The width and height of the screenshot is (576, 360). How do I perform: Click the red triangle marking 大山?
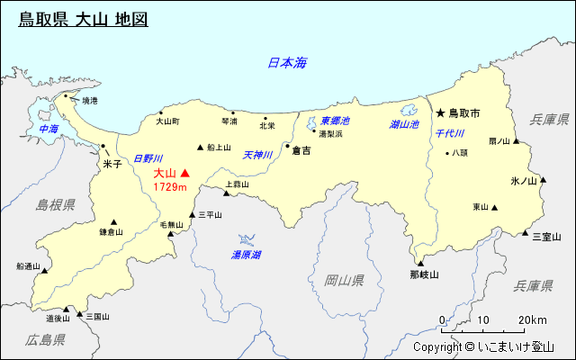[186, 173]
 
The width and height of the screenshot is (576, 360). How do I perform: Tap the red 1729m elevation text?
[169, 187]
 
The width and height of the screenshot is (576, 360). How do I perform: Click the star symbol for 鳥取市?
[440, 113]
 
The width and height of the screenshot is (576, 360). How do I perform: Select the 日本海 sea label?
[287, 63]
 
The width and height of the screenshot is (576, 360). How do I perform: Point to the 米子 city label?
[112, 165]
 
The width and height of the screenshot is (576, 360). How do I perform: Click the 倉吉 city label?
[301, 151]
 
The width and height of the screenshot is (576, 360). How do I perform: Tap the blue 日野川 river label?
[148, 158]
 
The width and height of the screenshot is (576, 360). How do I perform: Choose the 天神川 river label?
[257, 155]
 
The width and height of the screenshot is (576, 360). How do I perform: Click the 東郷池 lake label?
[335, 121]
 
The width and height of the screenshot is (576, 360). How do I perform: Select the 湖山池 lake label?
[404, 124]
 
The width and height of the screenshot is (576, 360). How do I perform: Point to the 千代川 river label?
[449, 133]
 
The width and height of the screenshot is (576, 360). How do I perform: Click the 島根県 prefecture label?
[55, 205]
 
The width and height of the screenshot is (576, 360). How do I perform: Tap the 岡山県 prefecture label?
[345, 281]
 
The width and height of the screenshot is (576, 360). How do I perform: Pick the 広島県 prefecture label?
[46, 340]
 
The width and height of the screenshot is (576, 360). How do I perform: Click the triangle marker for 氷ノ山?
[542, 180]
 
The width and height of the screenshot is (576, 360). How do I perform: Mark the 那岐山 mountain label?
[423, 274]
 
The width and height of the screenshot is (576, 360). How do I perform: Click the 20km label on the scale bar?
[532, 320]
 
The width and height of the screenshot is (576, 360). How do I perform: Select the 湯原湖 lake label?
[246, 256]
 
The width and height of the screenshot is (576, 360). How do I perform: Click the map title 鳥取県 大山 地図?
[83, 19]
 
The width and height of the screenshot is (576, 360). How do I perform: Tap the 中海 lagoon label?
[49, 130]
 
